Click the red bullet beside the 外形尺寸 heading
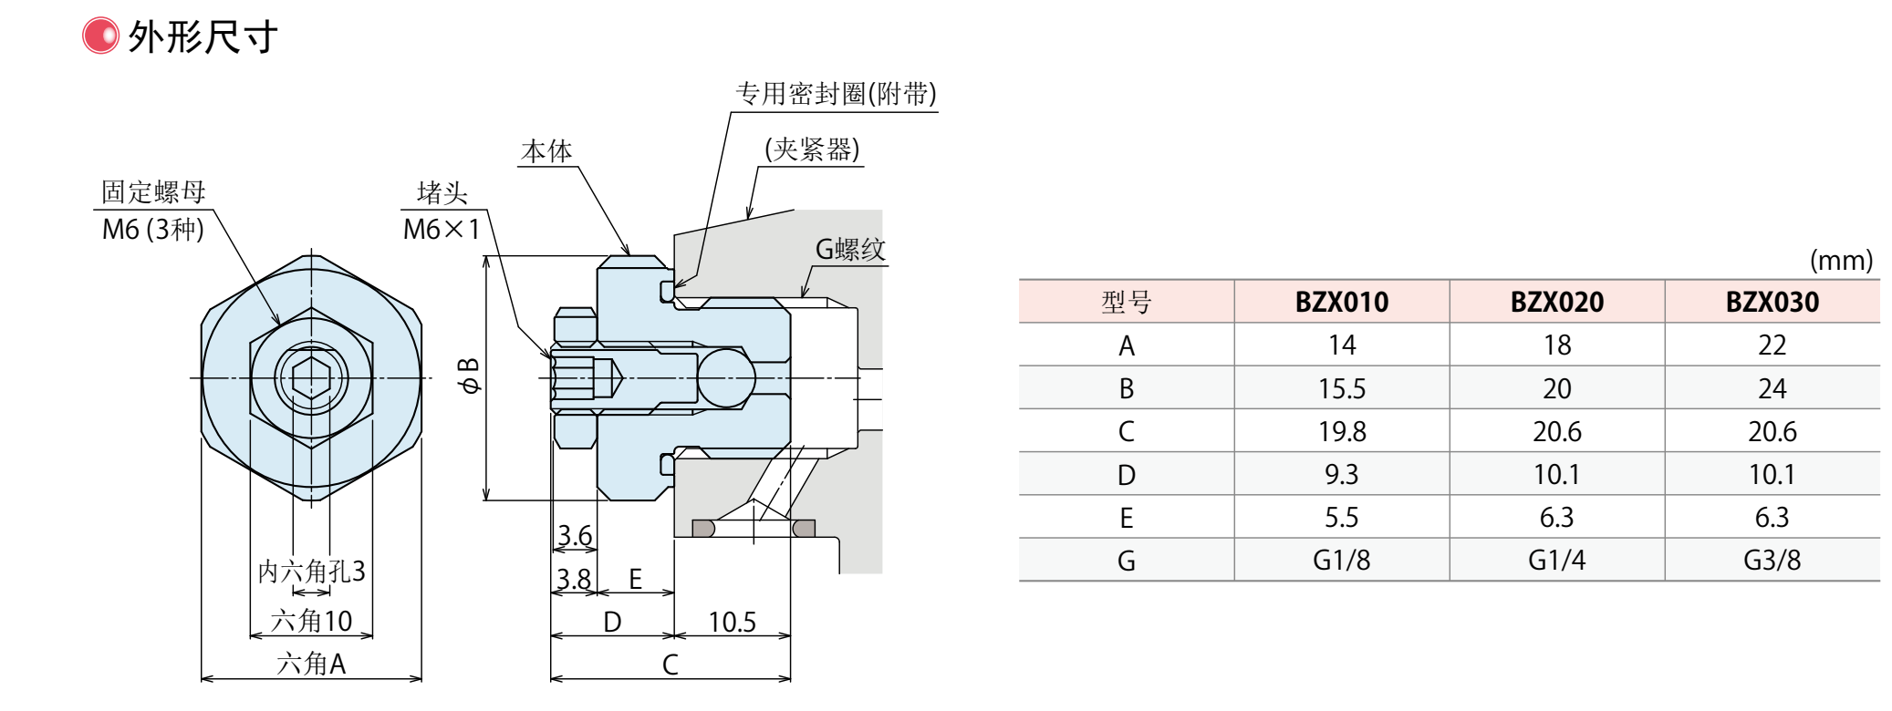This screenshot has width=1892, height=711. click(100, 36)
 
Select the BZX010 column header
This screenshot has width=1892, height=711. click(1341, 302)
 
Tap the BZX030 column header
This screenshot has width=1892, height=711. click(1772, 302)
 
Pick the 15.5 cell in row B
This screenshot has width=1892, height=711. click(1341, 389)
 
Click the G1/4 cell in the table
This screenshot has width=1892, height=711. click(1556, 561)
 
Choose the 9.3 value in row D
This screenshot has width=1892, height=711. click(1341, 475)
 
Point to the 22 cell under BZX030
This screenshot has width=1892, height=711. click(1772, 345)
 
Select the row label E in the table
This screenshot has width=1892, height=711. click(1126, 519)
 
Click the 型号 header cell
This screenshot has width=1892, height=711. click(1126, 302)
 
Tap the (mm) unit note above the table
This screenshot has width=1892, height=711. click(1841, 261)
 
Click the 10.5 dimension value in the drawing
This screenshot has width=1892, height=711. click(732, 623)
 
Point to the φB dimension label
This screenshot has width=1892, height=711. click(468, 376)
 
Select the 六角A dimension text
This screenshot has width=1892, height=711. click(311, 664)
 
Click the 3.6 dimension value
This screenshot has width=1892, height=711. click(575, 536)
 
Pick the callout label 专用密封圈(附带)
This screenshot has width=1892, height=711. click(836, 94)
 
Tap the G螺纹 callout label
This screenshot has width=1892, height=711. click(849, 249)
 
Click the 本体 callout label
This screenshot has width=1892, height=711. click(546, 151)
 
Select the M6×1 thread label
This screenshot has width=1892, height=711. click(442, 230)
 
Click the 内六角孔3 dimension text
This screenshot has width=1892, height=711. click(311, 572)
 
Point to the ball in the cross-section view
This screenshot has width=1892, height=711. click(726, 377)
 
